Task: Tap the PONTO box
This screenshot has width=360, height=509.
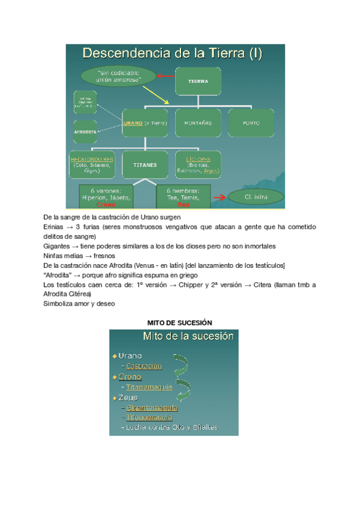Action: pos(251,122)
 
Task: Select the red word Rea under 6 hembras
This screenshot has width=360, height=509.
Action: pos(184,204)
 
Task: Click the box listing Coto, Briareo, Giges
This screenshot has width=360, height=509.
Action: pos(91,164)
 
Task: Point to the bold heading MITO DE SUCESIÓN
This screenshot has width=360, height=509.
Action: pos(180,323)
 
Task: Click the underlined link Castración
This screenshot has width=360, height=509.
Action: pos(145,366)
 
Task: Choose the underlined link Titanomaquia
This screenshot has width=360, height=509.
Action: pos(149,387)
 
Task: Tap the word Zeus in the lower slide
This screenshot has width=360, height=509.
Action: pos(128,397)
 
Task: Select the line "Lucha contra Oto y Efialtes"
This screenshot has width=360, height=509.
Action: pos(172,427)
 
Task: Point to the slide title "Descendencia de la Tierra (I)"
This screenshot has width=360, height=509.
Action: pos(172,53)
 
